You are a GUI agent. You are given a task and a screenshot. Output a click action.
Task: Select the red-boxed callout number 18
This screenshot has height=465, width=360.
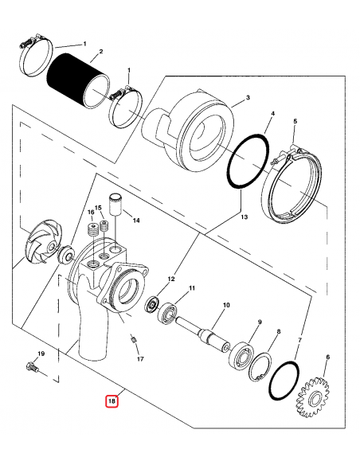pos(112,401)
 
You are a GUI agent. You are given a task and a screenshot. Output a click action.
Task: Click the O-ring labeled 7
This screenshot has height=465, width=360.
pos(285,376)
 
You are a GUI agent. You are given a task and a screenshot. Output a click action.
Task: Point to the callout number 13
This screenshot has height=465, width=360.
pos(244,217)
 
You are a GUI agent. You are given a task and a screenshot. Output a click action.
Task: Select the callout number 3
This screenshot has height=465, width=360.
pos(248,97)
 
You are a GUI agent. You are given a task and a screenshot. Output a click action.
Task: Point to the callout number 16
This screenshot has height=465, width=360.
pos(90,213)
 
